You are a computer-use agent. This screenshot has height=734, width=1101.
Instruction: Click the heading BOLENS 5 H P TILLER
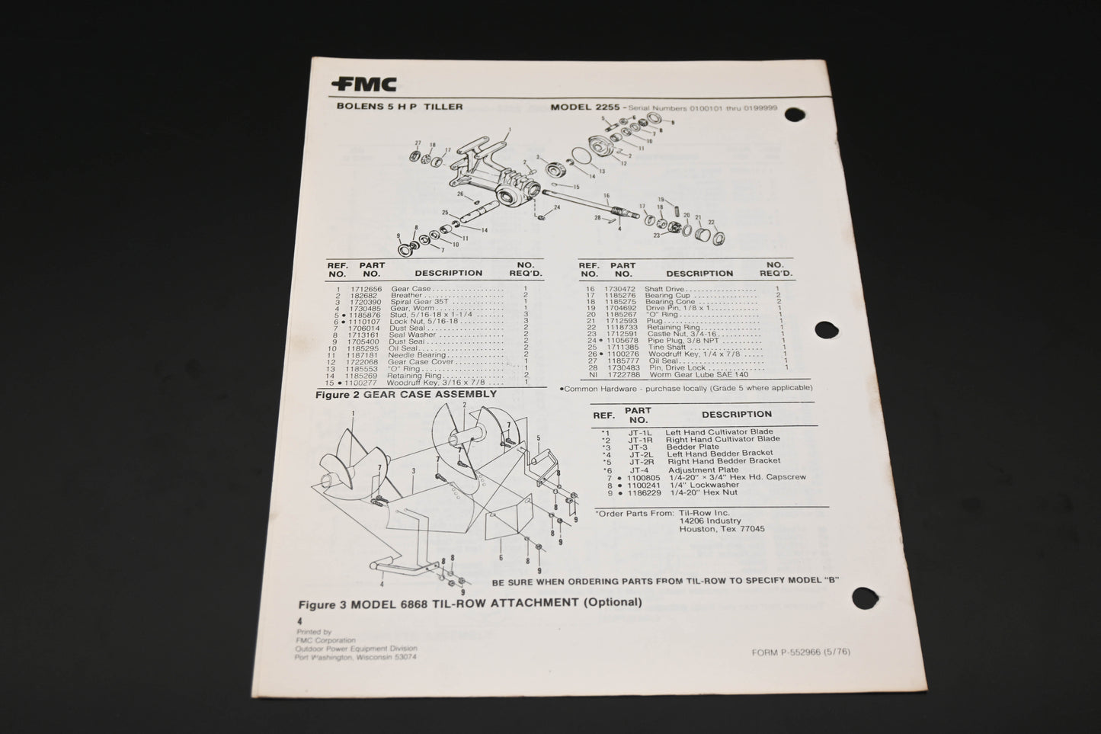399,107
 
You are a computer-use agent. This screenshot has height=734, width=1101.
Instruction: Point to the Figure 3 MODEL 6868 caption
469,603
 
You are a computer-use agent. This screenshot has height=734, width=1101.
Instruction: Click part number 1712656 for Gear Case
366,290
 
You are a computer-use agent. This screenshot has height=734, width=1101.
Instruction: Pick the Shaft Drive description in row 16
664,289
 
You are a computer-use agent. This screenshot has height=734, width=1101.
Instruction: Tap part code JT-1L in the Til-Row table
638,431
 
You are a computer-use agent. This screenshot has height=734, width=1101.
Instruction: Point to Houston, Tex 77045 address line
722,529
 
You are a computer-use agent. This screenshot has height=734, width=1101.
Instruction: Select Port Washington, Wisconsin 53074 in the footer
355,656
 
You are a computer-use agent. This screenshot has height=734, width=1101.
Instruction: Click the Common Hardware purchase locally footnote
686,388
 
